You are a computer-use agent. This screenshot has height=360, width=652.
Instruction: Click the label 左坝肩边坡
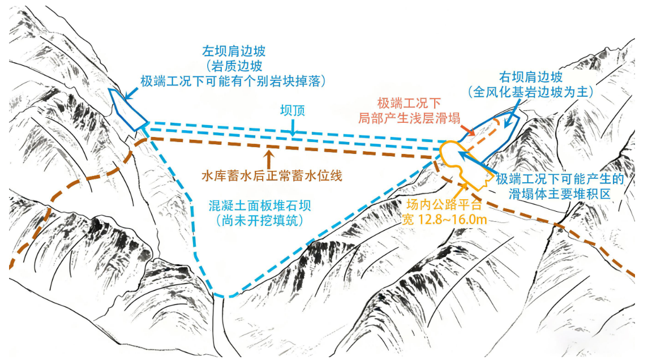click(x=234, y=52)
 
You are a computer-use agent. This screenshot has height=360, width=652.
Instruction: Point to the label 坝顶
click(x=293, y=110)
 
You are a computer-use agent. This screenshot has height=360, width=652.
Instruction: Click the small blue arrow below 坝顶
click(x=293, y=127)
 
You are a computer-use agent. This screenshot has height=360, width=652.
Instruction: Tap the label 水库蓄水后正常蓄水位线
click(x=272, y=176)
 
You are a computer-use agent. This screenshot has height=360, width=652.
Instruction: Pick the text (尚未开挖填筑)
click(x=260, y=220)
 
